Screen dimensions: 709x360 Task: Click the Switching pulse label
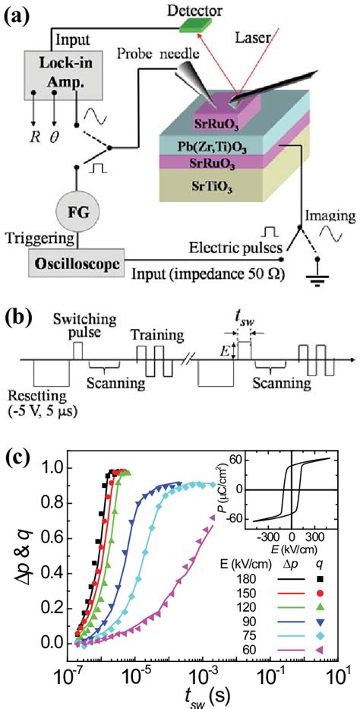click(76, 323)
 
